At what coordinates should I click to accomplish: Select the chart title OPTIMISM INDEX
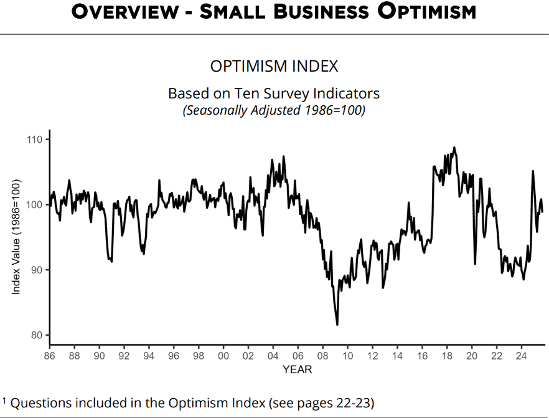click(274, 67)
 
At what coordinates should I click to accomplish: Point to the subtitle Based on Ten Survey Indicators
click(274, 93)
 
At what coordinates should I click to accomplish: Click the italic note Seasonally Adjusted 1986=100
click(274, 111)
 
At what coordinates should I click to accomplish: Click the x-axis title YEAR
click(297, 369)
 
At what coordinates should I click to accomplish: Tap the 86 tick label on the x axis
click(50, 356)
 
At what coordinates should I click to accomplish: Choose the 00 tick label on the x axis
click(223, 356)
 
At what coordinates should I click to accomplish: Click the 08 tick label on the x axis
click(322, 356)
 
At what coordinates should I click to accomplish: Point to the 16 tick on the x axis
click(422, 356)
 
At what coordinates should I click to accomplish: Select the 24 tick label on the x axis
click(521, 356)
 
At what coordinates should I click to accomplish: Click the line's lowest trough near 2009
click(337, 325)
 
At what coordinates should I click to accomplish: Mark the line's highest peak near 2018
click(454, 148)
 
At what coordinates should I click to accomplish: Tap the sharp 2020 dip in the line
click(475, 264)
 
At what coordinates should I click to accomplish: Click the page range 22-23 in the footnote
click(353, 402)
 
